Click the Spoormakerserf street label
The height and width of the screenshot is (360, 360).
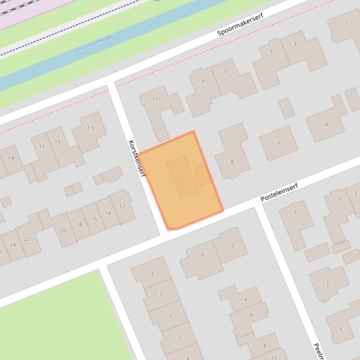240,24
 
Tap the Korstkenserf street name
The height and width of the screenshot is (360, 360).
136,158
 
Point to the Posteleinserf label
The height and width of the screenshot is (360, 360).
279,192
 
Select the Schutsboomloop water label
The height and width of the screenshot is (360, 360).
92,44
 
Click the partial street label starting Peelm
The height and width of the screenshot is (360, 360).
318,351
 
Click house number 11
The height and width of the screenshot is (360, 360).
155,99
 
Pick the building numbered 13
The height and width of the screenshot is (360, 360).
90,128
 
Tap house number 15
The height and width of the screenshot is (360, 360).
58,142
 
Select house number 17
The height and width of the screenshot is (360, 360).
42,147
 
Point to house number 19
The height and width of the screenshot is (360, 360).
11,158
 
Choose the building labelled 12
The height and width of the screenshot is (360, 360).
122,206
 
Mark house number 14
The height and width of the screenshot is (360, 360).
108,213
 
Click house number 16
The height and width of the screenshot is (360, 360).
94,218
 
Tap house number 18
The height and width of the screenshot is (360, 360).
79,224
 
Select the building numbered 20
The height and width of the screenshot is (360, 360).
63,230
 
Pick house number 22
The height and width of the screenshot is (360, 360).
27,239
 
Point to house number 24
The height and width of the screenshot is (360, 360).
13,245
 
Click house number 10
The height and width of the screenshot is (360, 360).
274,358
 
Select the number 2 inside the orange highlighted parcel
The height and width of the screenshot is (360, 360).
184,180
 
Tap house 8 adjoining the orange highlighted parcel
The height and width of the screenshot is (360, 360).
232,162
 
